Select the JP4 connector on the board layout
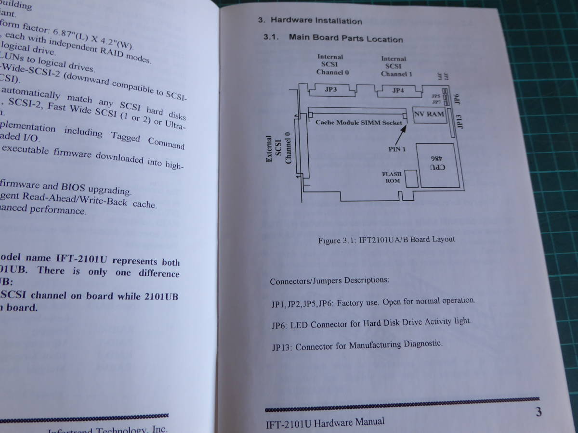tap(398, 90)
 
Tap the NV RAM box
tap(429, 115)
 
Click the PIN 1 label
tap(397, 149)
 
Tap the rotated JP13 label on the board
tap(459, 120)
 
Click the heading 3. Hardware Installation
tap(310, 21)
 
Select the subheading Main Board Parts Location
tap(345, 38)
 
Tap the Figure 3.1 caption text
tap(386, 240)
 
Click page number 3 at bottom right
tap(539, 411)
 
